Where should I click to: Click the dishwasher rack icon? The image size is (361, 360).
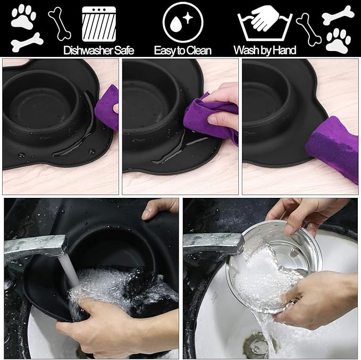[99, 24]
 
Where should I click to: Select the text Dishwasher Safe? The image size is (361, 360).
[99, 51]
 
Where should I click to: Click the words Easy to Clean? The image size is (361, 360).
[182, 51]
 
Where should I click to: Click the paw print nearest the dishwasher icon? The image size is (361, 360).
[23, 16]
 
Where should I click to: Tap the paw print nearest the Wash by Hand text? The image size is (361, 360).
[338, 40]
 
